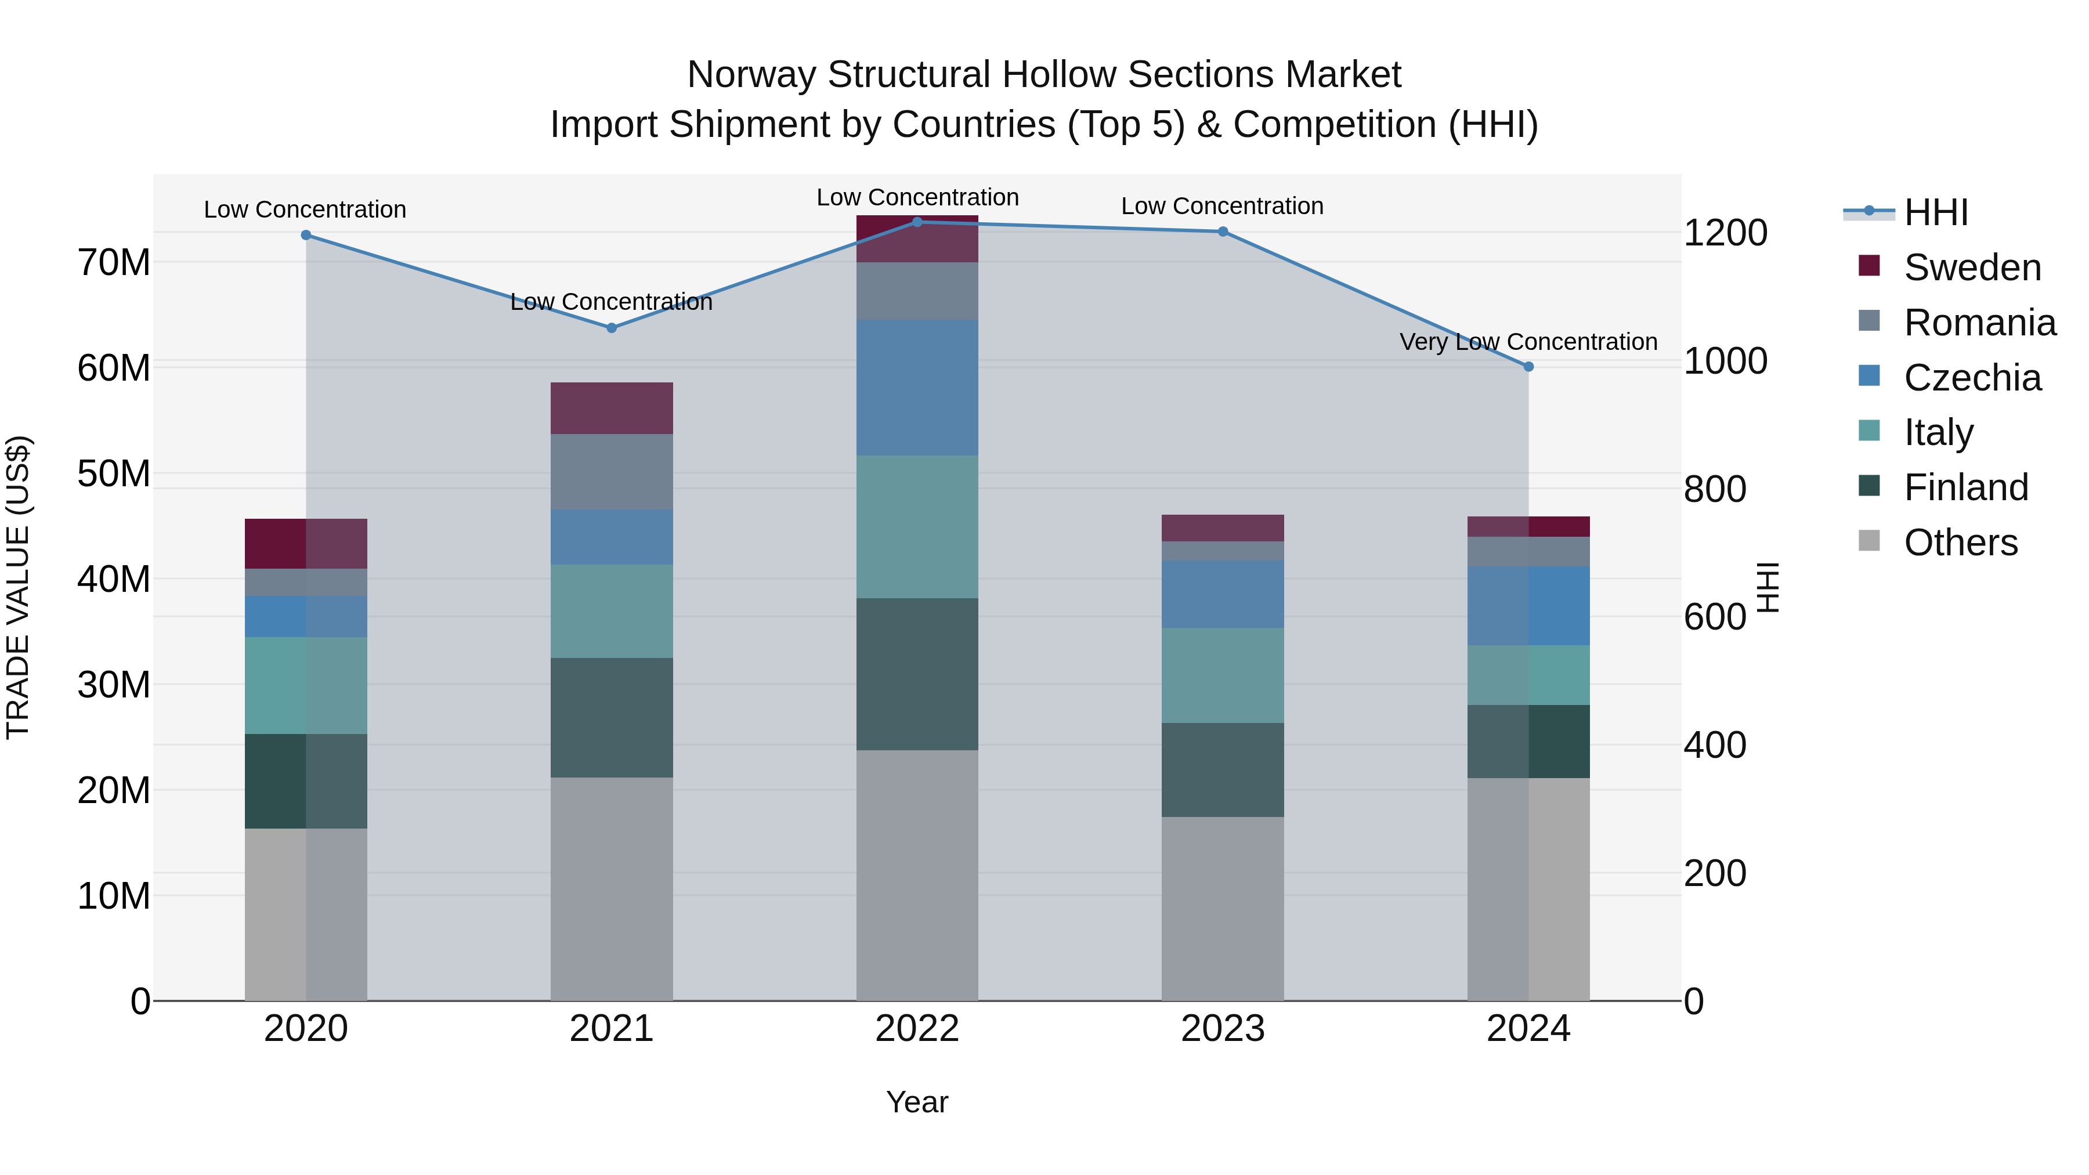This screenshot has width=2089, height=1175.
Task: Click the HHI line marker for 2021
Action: click(612, 328)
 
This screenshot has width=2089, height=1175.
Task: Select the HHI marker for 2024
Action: click(1528, 367)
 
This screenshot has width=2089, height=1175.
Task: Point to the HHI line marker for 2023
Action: click(1223, 232)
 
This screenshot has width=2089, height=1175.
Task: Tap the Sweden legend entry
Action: click(1971, 267)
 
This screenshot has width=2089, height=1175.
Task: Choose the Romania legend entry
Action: click(1979, 323)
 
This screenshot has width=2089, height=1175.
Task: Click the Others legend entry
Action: click(1960, 543)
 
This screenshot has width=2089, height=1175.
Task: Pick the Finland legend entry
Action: click(1966, 487)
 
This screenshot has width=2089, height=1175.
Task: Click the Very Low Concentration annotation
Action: click(1528, 342)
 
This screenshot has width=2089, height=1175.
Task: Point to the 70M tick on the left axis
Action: click(114, 263)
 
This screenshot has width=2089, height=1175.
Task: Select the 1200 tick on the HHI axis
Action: click(1725, 233)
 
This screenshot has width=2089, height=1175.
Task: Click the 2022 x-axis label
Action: click(917, 1029)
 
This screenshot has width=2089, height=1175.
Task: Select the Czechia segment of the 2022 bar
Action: click(917, 388)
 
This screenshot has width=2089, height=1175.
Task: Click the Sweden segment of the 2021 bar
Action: click(612, 408)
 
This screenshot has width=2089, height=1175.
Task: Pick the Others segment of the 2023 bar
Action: click(1223, 908)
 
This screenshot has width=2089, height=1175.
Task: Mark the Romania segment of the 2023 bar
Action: click(1223, 551)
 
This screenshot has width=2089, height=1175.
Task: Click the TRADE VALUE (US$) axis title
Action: click(18, 587)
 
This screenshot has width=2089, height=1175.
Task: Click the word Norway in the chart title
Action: click(751, 75)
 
